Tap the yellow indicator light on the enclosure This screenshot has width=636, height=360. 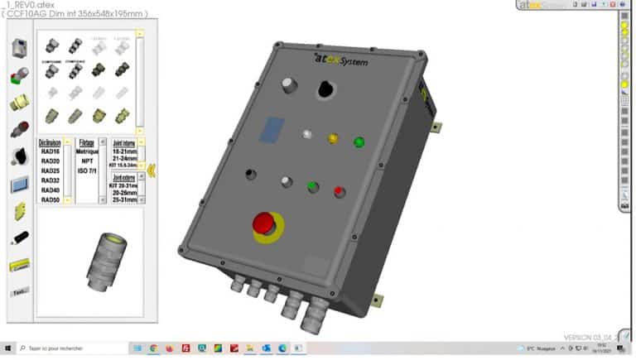pos(333,138)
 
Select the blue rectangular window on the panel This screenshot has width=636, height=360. pos(272,127)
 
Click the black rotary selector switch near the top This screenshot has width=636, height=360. pos(325,89)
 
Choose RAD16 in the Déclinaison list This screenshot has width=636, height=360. pos(50,151)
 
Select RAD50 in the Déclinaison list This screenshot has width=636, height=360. pos(50,199)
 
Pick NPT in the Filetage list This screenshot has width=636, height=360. pos(87,161)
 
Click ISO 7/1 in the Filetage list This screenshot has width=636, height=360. pos(87,170)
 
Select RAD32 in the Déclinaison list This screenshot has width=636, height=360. pos(50,180)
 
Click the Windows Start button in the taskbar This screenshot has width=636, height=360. pos(7,349)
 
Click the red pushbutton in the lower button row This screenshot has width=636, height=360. pos(339,192)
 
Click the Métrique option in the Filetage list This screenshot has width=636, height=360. pos(87,151)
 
